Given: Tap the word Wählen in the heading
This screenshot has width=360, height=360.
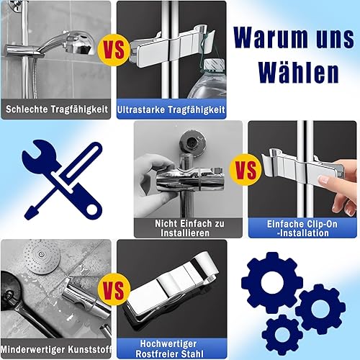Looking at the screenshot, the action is click(299, 72).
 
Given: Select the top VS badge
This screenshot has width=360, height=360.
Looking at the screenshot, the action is click(114, 50).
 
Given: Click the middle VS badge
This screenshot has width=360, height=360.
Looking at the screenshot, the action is click(246, 170).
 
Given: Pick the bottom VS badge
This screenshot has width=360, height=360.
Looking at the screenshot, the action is click(114, 289).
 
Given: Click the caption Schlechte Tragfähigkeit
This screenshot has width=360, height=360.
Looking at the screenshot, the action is click(57, 109).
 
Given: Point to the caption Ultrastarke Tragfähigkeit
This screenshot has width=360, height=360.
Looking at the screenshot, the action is click(171, 109).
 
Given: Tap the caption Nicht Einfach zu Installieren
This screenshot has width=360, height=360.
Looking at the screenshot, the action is click(189, 228).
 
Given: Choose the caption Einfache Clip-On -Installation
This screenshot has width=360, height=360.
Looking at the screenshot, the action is click(302, 228).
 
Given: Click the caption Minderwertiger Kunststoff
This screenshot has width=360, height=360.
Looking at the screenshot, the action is click(56, 349).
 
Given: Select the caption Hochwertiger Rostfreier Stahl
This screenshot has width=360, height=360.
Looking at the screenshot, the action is click(169, 348).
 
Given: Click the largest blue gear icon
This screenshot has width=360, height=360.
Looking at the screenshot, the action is click(272, 282).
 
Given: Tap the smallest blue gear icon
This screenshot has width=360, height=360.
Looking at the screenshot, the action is click(282, 335).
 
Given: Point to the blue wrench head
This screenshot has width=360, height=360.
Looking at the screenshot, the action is click(40, 156).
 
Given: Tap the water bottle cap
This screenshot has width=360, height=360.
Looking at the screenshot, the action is click(214, 64).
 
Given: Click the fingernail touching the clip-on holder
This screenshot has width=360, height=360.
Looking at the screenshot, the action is click(323, 179).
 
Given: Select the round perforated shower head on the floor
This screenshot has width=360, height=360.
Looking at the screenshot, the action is click(42, 256).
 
